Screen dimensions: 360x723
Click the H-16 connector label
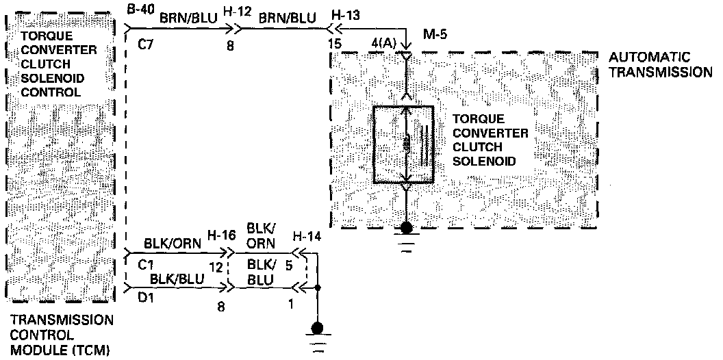(223, 235)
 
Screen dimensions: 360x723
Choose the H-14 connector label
(306, 236)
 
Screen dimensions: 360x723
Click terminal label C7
(146, 46)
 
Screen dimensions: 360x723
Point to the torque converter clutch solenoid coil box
(403, 144)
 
